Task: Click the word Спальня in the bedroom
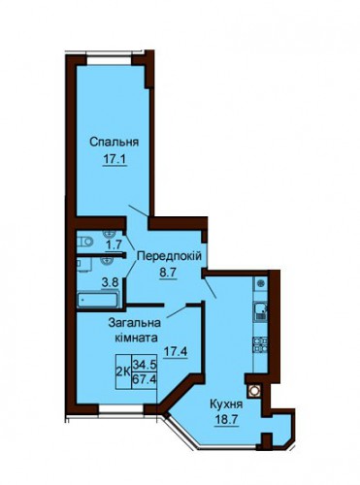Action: (115, 142)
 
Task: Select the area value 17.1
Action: (115, 159)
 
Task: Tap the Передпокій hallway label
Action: (169, 256)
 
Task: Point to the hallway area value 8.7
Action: (168, 273)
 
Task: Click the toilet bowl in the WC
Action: (84, 241)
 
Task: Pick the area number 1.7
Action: (114, 244)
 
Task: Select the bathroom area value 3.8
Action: (110, 282)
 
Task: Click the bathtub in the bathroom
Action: (98, 300)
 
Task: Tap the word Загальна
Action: (135, 323)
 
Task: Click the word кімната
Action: (136, 338)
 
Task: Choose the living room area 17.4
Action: (176, 351)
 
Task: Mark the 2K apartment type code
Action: (123, 372)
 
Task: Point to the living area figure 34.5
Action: (145, 365)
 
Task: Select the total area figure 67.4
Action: (145, 378)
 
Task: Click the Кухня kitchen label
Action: (226, 404)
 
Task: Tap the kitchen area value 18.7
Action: (226, 420)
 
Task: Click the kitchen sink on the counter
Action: (261, 311)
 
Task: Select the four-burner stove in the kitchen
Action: (261, 344)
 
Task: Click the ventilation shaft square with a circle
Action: (254, 391)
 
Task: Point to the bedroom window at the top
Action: (109, 60)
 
